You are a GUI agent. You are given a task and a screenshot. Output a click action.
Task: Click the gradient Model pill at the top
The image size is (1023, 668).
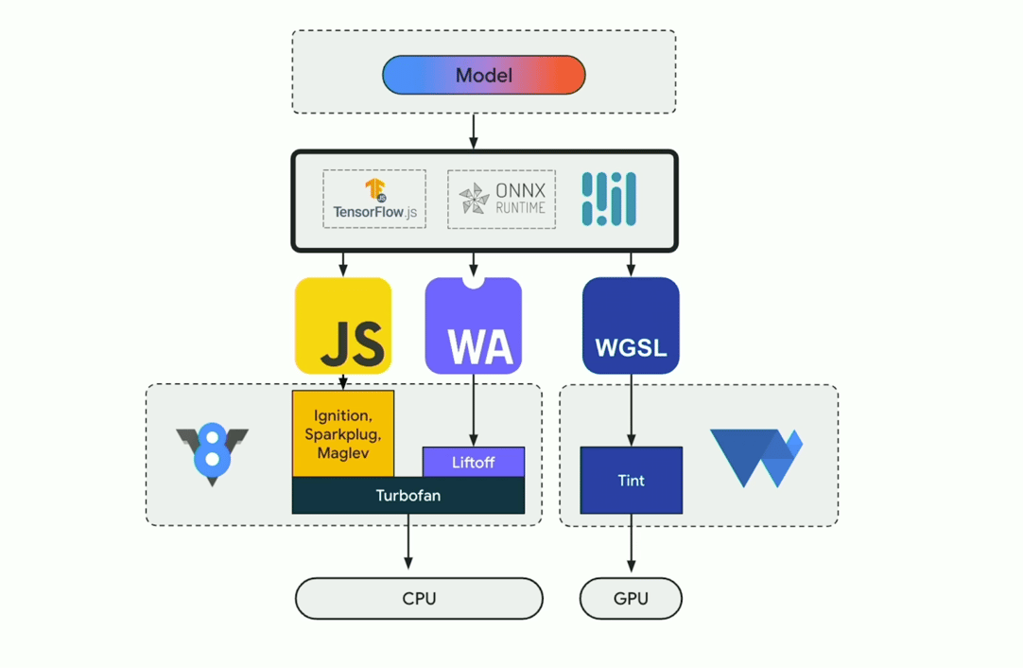483,76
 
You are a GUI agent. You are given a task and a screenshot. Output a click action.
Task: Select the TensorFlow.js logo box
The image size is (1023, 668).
374,200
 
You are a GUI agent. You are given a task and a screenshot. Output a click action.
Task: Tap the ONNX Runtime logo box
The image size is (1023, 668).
501,200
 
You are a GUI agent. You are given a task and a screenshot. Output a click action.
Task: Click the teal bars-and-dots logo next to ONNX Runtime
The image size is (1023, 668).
609,200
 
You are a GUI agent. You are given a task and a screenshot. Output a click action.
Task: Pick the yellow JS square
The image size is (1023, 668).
343,325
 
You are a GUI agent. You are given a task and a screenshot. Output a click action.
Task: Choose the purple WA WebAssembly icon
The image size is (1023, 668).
474,325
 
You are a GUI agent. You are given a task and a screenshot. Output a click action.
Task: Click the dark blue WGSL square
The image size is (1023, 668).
631,325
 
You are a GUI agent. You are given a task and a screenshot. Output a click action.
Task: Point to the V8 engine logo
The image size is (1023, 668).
213,454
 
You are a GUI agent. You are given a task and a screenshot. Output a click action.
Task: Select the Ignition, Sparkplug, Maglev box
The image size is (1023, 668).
343,432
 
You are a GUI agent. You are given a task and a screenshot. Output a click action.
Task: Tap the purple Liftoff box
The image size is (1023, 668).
474,463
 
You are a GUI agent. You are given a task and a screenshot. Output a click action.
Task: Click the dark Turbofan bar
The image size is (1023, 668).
407,496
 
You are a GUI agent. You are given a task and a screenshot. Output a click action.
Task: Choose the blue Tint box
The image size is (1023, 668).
631,481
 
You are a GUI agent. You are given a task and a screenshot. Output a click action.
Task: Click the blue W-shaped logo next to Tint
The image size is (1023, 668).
756,458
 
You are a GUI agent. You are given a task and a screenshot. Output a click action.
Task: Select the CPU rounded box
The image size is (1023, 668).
419,599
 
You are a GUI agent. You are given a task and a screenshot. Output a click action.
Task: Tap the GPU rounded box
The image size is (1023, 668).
631,599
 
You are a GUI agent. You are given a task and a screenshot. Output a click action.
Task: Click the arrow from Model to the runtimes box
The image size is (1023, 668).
474,132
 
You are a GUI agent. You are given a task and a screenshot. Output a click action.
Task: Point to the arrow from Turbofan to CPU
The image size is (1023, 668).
408,541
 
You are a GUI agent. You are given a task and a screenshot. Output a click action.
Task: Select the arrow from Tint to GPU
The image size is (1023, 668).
631,544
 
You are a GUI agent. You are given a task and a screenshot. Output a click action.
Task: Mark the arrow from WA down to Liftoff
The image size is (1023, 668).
474,410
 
